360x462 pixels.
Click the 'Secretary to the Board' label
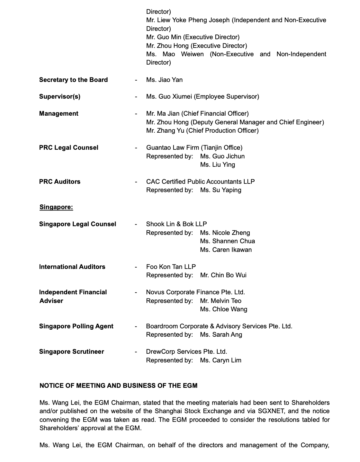click(73, 80)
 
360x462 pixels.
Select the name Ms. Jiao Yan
click(164, 80)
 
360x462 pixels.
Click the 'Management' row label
click(59, 113)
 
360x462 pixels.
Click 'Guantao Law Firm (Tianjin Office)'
click(194, 147)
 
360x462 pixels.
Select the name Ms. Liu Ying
click(217, 164)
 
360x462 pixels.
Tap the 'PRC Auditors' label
click(60, 182)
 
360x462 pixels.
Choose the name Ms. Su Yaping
click(221, 190)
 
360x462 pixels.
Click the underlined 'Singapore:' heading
click(56, 207)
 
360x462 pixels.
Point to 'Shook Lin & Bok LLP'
click(176, 224)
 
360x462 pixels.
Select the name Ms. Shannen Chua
click(227, 241)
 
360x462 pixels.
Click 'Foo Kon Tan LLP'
click(171, 267)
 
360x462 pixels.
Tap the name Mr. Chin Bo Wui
click(223, 275)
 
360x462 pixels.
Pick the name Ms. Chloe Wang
click(223, 309)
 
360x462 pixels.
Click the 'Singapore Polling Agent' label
click(76, 326)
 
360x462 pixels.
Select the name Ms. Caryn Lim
click(221, 360)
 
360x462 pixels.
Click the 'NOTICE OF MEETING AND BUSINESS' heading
click(118, 386)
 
